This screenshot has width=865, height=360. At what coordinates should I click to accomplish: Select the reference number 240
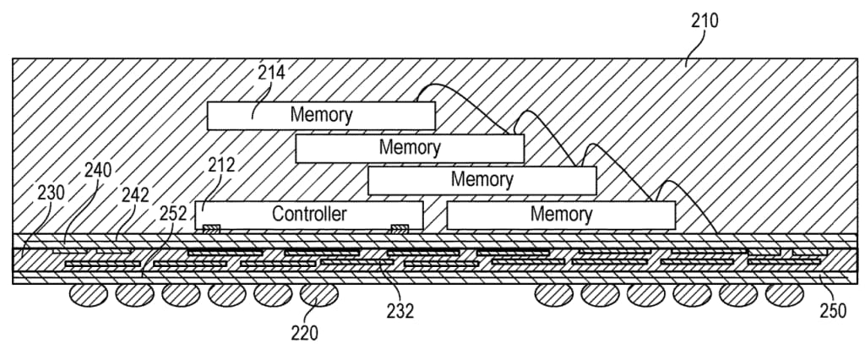point(98,171)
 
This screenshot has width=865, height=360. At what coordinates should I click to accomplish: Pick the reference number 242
point(136,194)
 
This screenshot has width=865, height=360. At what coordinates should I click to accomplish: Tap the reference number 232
point(400,311)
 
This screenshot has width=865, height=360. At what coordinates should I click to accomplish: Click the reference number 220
point(304,333)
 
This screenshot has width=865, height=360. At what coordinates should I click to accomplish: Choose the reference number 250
point(832,309)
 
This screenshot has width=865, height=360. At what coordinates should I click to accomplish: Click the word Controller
point(309,214)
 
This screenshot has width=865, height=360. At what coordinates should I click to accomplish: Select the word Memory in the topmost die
point(321,114)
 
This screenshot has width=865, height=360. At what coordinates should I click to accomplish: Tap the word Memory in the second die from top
point(410,148)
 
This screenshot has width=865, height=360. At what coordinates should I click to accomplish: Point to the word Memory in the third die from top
point(481,179)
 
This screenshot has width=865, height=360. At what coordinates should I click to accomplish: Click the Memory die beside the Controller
point(561,215)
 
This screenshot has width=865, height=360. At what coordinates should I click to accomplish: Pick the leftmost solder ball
point(88,293)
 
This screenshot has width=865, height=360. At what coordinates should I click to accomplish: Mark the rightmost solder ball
point(785,293)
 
